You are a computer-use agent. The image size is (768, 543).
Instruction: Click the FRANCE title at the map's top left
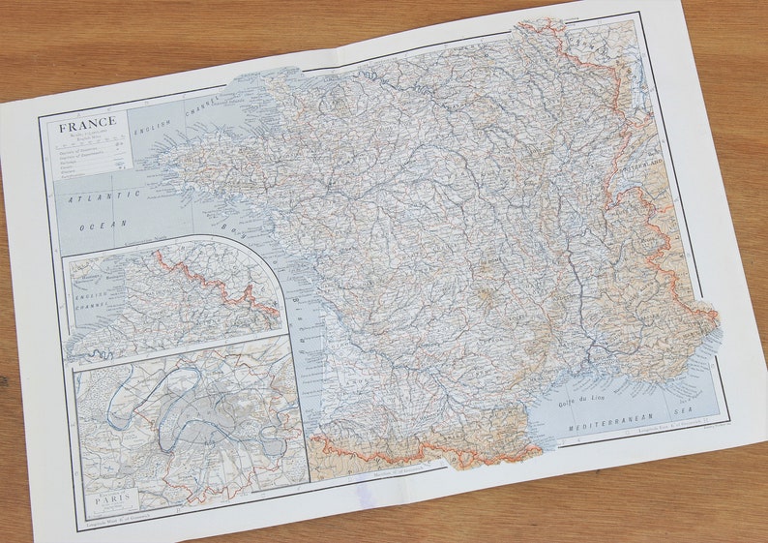87,124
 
